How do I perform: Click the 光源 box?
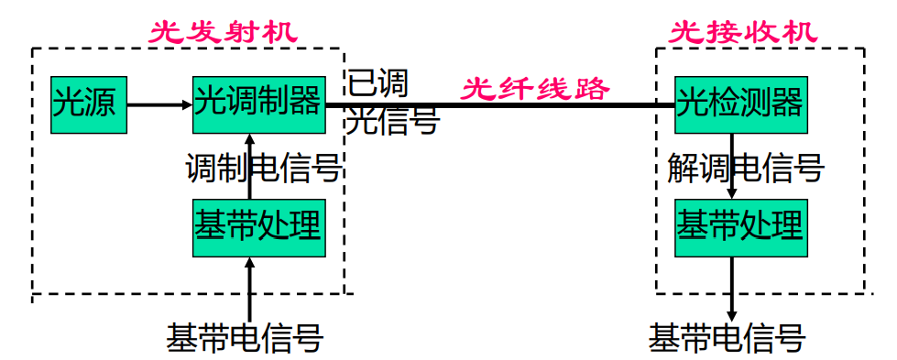pyautogui.click(x=86, y=104)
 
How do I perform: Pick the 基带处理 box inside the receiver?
pyautogui.click(x=739, y=225)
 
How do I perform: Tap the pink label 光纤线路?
pyautogui.click(x=535, y=90)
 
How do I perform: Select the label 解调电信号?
pyautogui.click(x=746, y=168)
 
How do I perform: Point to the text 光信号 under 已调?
pyautogui.click(x=393, y=121)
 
